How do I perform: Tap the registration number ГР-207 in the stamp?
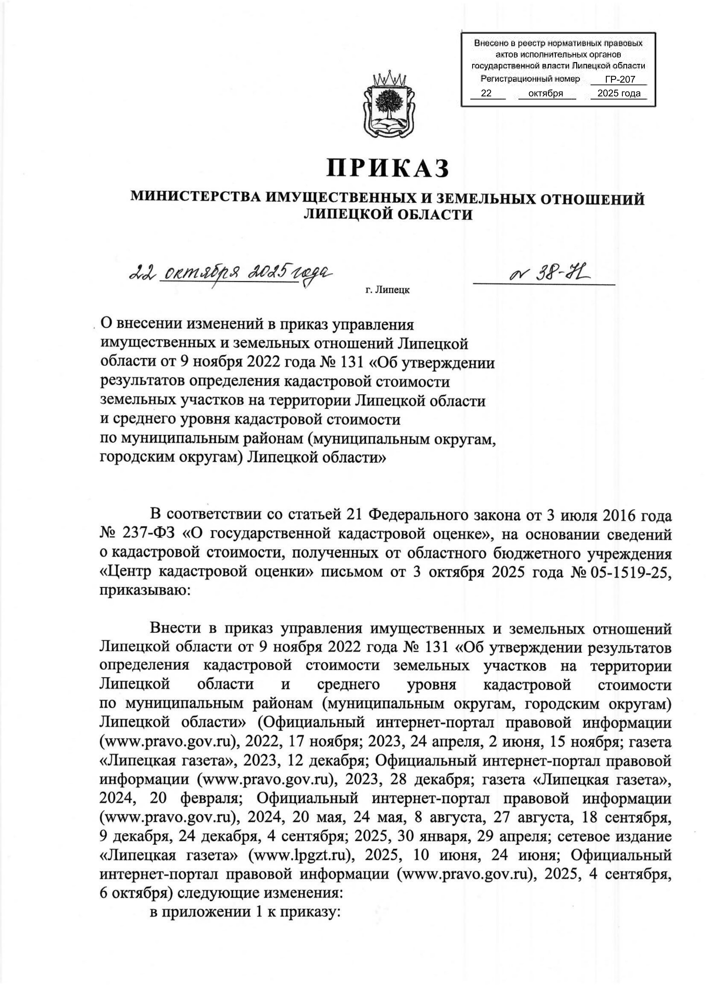click(619, 80)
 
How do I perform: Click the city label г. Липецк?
click(387, 290)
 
